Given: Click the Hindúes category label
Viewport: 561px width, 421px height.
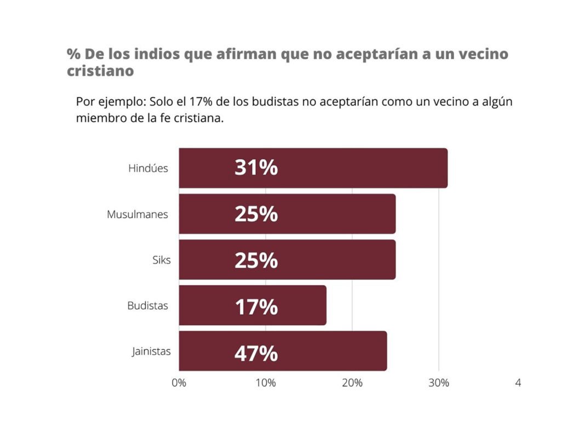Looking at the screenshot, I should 148,168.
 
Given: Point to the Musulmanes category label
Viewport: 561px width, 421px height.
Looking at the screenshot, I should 138,214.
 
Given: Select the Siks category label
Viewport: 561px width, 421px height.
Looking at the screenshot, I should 161,260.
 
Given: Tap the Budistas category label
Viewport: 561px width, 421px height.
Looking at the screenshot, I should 147,306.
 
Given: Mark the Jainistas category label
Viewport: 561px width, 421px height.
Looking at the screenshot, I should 151,351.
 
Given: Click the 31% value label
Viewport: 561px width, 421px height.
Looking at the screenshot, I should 256,168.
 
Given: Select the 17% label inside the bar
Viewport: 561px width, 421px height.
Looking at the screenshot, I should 256,308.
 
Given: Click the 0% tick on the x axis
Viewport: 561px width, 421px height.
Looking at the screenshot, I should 179,383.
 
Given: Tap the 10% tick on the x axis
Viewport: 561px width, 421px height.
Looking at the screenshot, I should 266,383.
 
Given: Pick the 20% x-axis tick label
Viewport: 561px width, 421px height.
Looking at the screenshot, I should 352,383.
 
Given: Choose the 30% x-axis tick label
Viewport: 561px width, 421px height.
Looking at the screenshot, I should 438,383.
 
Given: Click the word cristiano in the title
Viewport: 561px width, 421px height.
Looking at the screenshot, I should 100,72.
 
